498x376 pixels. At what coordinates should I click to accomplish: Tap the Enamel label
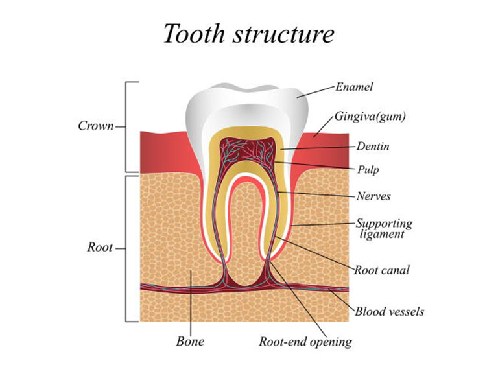(354, 87)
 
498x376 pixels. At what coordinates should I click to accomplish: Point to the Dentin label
(373, 147)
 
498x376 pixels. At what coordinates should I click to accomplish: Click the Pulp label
(368, 170)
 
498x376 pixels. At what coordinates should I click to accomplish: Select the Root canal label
(381, 270)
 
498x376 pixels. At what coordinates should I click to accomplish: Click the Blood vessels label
(389, 312)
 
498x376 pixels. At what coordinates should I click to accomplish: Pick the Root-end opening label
(305, 341)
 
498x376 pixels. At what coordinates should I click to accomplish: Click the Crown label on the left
(96, 126)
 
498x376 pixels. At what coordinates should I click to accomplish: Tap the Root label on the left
(100, 247)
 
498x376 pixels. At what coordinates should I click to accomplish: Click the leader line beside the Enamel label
(316, 91)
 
